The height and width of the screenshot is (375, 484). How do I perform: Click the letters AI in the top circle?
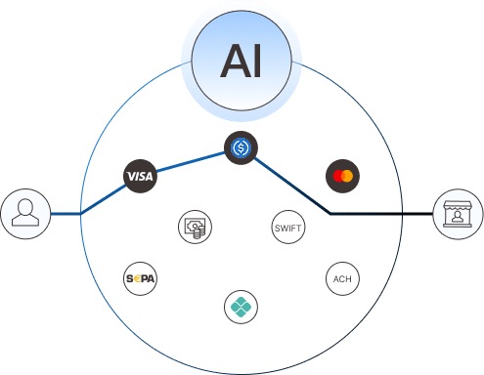tap(242, 60)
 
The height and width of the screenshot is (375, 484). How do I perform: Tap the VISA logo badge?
tap(140, 176)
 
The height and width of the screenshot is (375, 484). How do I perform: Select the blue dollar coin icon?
tap(240, 148)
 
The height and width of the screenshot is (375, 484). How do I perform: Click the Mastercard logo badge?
tap(342, 176)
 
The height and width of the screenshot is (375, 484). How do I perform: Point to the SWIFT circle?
tap(287, 228)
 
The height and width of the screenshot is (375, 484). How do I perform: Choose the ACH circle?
tap(341, 278)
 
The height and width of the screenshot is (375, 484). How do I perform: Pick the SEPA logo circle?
tap(140, 278)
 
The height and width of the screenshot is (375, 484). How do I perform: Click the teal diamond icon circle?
tap(241, 306)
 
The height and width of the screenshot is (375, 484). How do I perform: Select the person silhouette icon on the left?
tap(23, 213)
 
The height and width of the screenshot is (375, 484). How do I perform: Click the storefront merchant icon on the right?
tap(458, 213)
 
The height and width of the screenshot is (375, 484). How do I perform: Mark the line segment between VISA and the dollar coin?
tap(190, 162)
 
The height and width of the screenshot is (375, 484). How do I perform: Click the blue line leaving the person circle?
tap(64, 213)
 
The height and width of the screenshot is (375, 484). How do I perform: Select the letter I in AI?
tap(257, 60)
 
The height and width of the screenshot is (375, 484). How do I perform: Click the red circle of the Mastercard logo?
tap(337, 176)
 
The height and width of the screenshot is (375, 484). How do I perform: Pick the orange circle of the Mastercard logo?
tap(347, 176)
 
